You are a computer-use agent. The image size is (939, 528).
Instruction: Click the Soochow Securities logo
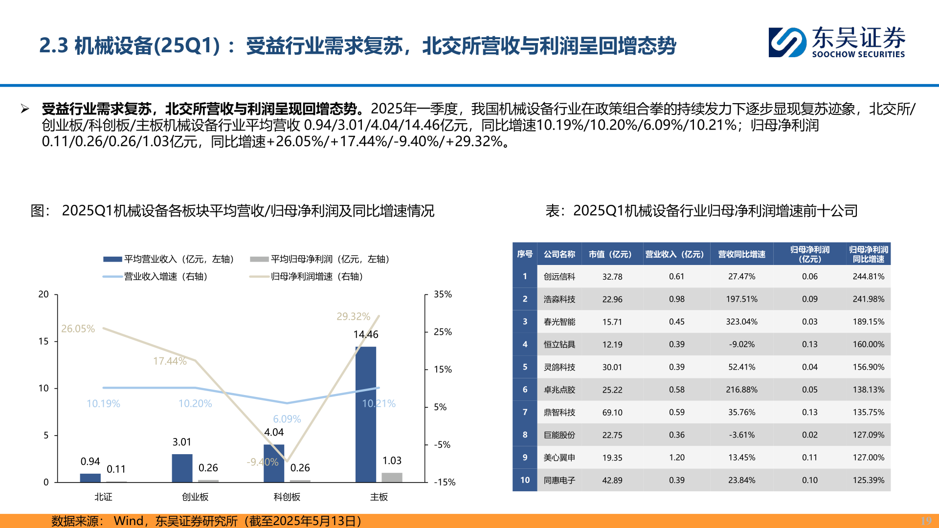click(836, 43)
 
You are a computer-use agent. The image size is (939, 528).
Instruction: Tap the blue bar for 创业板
click(182, 468)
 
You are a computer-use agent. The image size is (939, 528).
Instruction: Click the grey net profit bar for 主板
click(392, 477)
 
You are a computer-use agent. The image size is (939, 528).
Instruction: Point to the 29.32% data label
click(353, 316)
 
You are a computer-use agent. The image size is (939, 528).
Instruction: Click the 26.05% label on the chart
click(78, 329)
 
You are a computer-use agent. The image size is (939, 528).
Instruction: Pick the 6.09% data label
click(287, 419)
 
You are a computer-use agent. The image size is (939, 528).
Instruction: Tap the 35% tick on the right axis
click(443, 294)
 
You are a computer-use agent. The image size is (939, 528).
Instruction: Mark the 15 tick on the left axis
click(44, 341)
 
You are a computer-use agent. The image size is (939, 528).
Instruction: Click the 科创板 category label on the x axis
click(287, 497)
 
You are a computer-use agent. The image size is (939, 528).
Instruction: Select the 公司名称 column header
click(559, 254)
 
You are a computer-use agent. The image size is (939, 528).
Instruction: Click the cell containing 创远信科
click(559, 277)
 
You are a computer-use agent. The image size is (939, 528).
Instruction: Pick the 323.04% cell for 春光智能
click(741, 322)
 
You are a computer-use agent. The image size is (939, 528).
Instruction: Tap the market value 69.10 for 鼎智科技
click(612, 413)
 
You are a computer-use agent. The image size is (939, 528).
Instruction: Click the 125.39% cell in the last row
click(868, 480)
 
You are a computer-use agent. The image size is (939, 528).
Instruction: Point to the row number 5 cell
click(525, 367)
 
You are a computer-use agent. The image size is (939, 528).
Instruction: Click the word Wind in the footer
click(128, 521)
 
